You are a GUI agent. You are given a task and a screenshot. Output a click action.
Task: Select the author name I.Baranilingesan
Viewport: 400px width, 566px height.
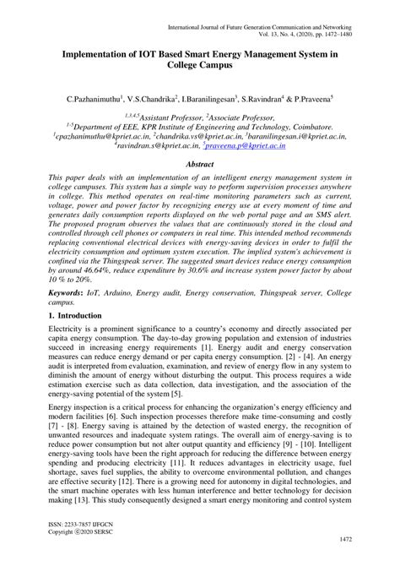[229, 99]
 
